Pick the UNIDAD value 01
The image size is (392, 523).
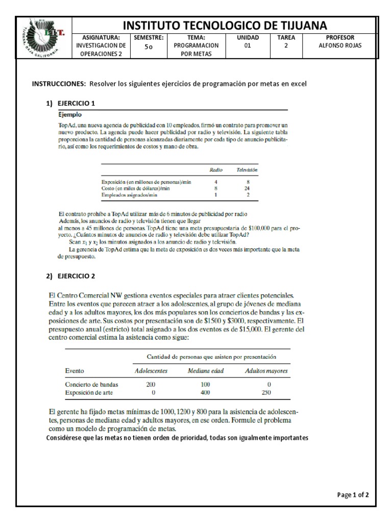click(248, 45)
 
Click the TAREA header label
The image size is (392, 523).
click(286, 37)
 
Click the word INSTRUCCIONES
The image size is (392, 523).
click(59, 84)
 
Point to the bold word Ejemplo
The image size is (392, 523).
click(68, 114)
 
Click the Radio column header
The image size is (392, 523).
click(216, 170)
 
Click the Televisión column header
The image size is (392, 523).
click(247, 170)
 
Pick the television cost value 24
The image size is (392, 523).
click(248, 188)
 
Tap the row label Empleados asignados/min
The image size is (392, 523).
click(129, 195)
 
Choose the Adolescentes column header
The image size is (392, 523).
click(151, 371)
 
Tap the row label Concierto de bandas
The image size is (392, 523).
click(92, 384)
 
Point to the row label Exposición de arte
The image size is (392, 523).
click(90, 393)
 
